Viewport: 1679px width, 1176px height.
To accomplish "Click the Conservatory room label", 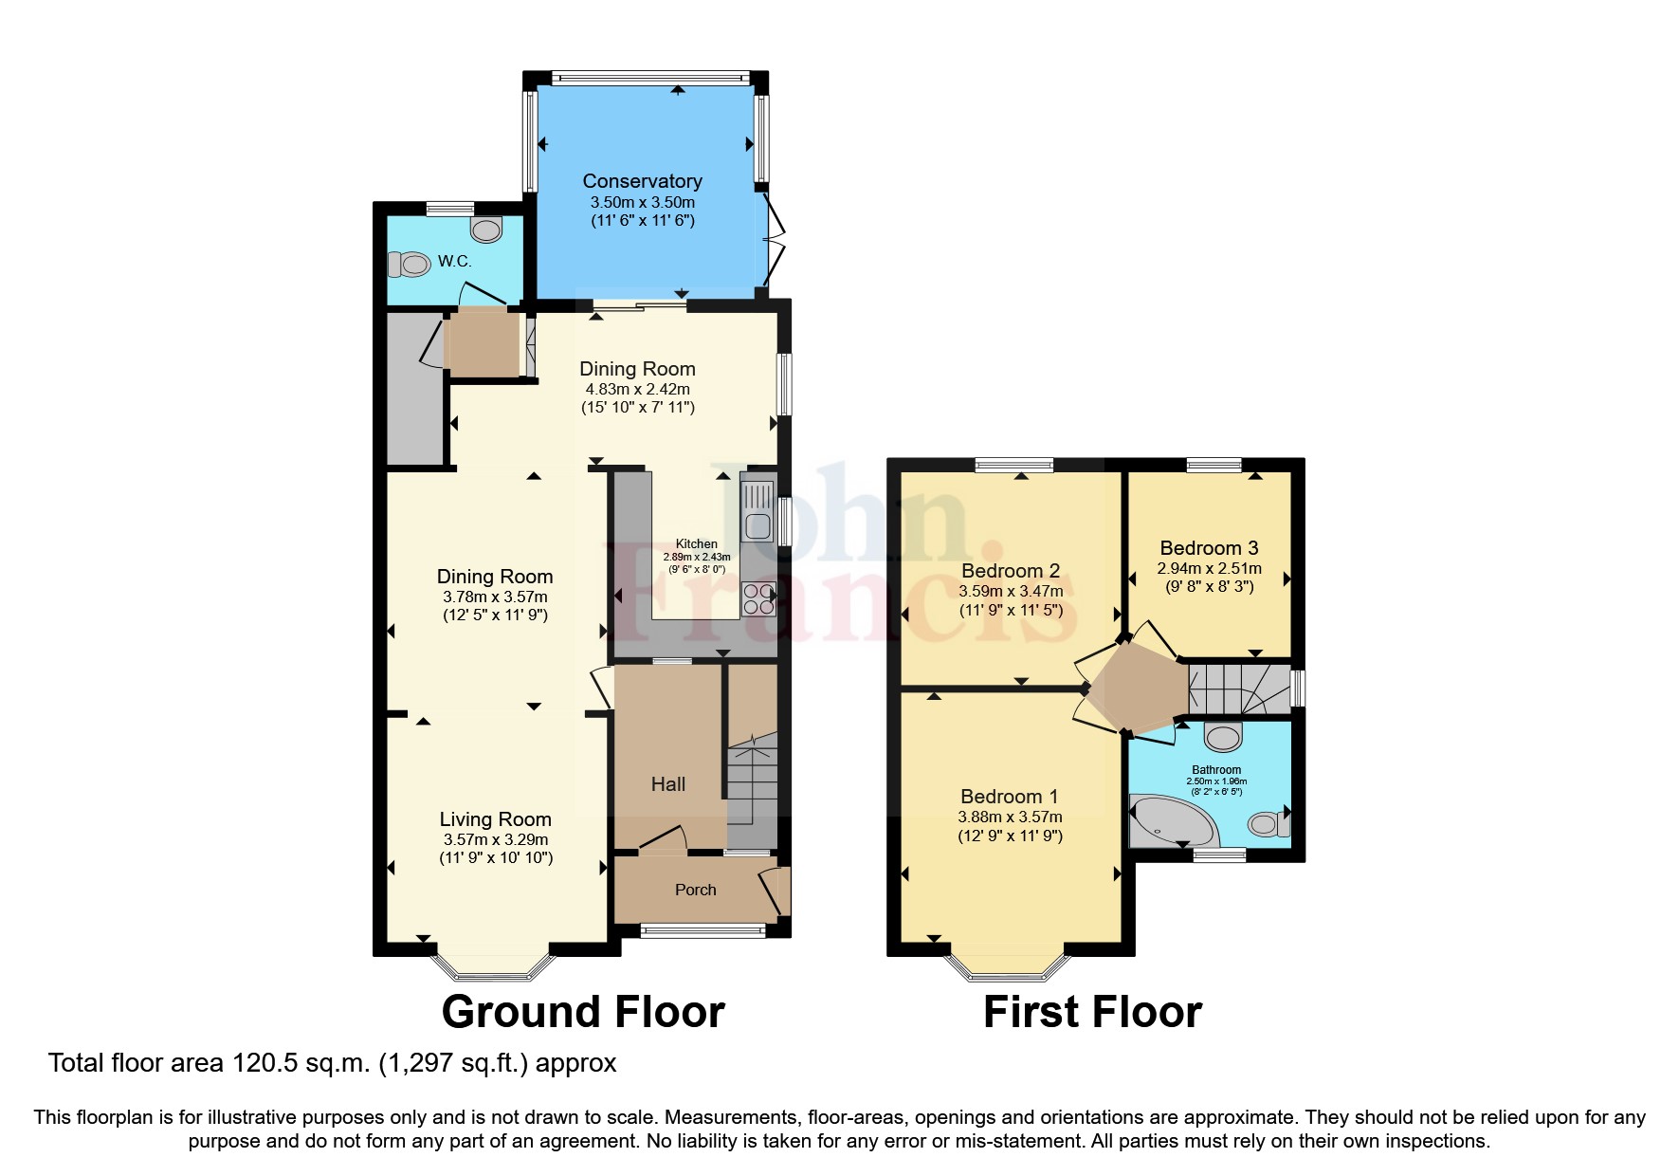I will (642, 180).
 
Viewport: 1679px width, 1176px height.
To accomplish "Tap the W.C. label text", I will (454, 261).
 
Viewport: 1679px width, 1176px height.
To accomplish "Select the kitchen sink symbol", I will (757, 511).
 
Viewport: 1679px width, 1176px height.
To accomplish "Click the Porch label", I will (695, 890).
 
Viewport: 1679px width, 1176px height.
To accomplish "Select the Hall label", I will (667, 783).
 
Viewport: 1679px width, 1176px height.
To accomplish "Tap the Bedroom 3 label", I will (1209, 547).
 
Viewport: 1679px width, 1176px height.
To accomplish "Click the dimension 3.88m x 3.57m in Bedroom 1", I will (1010, 817).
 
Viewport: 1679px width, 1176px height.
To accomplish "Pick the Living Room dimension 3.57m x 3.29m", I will (495, 839).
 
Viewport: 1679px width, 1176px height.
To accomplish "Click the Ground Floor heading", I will (583, 1012).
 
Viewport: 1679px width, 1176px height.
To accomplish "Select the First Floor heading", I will (1092, 1012).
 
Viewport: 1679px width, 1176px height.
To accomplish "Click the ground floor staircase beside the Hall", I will (752, 787).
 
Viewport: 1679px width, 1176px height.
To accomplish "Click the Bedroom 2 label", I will (1011, 570).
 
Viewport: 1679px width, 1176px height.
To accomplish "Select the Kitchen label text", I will (696, 543).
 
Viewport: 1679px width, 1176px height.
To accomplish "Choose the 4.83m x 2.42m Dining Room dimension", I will (637, 389).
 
